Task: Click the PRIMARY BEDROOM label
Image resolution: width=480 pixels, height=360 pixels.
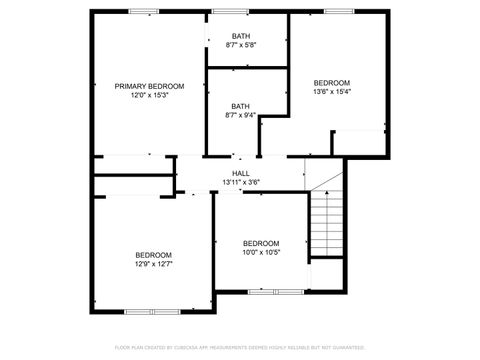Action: (x=149, y=86)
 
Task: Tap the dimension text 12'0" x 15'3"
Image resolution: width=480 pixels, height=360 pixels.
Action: (x=149, y=95)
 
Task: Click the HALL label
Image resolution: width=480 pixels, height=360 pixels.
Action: (x=240, y=173)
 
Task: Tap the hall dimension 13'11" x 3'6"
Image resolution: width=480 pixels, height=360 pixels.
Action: (x=240, y=182)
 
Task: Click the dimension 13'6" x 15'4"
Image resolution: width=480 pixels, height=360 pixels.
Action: (x=332, y=92)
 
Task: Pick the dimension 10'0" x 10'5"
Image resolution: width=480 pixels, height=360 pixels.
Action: (x=261, y=252)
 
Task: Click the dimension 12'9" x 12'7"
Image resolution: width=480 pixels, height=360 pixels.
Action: (x=154, y=264)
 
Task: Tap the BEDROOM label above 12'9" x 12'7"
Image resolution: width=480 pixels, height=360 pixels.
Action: (x=154, y=255)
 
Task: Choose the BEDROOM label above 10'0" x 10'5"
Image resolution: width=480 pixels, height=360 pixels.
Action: (x=261, y=243)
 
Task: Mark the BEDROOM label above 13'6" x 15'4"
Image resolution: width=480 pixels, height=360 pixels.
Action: (x=332, y=83)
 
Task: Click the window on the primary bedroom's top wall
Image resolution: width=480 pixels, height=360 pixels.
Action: (x=143, y=11)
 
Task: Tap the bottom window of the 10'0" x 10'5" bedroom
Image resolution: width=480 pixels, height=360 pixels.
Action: (x=277, y=291)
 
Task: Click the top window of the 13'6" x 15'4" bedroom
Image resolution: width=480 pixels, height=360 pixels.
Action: (x=336, y=11)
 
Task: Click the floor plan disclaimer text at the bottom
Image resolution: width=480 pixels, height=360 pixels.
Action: (x=240, y=347)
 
